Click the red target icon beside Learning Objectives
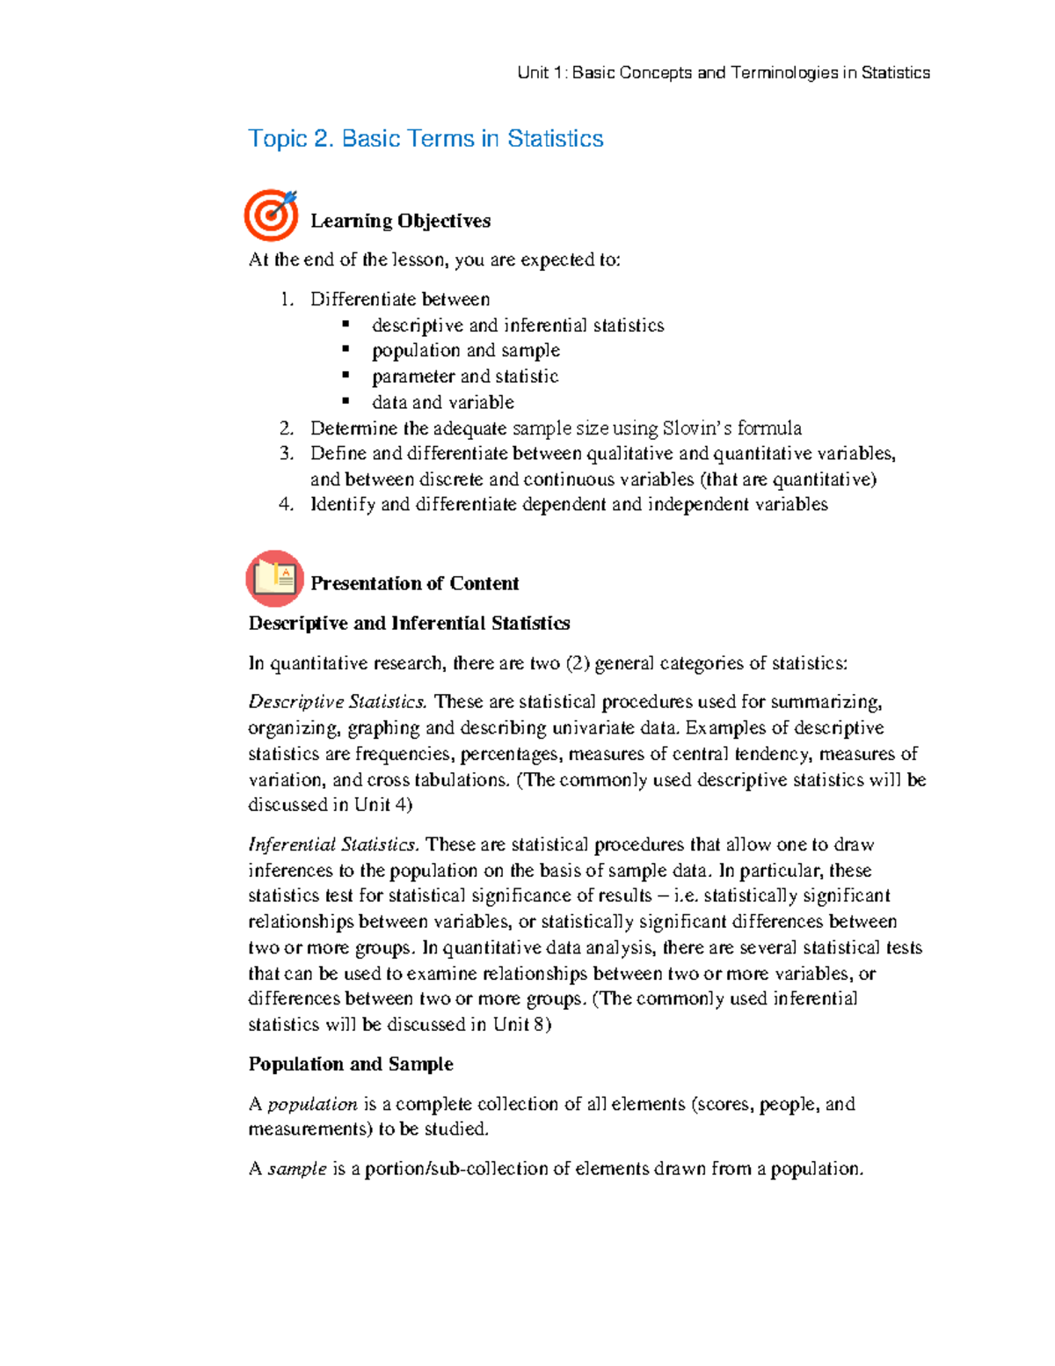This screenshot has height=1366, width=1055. pos(271,215)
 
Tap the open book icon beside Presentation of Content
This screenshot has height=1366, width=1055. pos(274,579)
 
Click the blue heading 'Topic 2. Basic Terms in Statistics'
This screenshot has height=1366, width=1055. pos(426,139)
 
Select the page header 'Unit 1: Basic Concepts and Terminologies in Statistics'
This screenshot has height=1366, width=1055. pos(723,73)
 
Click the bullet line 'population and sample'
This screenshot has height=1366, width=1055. pos(465,350)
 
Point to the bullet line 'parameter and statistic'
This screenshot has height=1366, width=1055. pos(464,376)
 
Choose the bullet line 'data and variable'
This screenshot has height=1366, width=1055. pos(442,402)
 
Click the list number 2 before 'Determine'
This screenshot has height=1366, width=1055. pos(286,428)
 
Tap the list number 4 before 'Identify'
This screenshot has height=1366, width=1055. pos(286,505)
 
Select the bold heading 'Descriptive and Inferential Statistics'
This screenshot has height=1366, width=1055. pos(409,624)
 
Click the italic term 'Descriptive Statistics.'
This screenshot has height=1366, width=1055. pos(337,702)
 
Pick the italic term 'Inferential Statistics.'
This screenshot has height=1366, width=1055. pos(333,844)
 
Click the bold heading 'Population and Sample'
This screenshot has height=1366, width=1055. pos(351,1064)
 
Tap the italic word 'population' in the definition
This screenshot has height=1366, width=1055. pos(312,1104)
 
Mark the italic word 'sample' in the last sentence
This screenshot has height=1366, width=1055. pos(296,1169)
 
